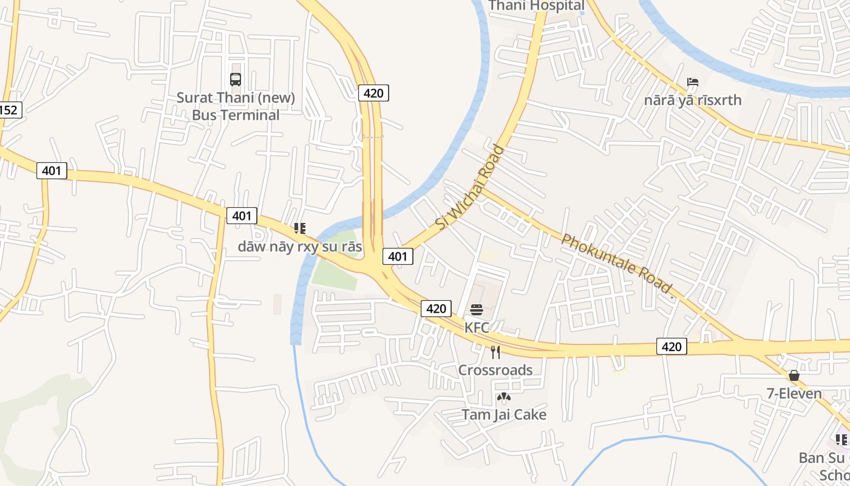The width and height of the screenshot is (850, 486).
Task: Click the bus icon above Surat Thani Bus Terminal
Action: pyautogui.click(x=236, y=80)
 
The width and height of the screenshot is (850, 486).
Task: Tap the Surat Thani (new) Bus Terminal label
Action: pyautogui.click(x=236, y=106)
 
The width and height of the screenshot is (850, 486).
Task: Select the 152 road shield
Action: pyautogui.click(x=8, y=110)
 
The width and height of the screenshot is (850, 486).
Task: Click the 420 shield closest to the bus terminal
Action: pyautogui.click(x=373, y=93)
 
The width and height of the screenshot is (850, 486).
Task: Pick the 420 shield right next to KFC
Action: pyautogui.click(x=436, y=309)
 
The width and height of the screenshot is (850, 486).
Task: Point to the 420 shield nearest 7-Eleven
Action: pyautogui.click(x=671, y=346)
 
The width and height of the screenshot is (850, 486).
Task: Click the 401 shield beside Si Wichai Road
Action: pyautogui.click(x=398, y=256)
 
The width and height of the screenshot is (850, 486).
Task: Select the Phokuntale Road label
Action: pyautogui.click(x=617, y=263)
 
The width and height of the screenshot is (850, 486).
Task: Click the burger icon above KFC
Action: pyautogui.click(x=476, y=310)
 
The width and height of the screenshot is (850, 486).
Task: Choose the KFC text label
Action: pyautogui.click(x=477, y=328)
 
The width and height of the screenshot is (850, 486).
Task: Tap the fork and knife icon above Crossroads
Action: pyautogui.click(x=495, y=352)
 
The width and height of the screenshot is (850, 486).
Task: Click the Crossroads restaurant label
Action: pyautogui.click(x=495, y=370)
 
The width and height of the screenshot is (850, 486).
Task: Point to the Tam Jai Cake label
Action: pyautogui.click(x=504, y=415)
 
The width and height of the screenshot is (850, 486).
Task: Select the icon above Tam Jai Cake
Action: pyautogui.click(x=503, y=397)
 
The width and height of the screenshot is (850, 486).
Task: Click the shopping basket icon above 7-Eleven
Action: pyautogui.click(x=794, y=376)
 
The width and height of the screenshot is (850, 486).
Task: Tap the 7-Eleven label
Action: pyautogui.click(x=794, y=394)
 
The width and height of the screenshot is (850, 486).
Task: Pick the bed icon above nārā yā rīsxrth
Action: pyautogui.click(x=693, y=82)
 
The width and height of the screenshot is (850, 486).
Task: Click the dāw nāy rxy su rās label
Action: pyautogui.click(x=299, y=247)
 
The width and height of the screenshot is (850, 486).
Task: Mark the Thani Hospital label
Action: pyautogui.click(x=536, y=6)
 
